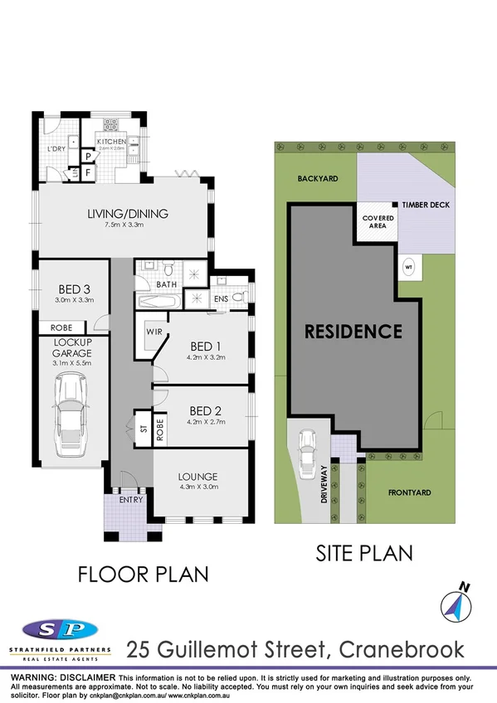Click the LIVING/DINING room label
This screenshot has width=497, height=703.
click(128, 213)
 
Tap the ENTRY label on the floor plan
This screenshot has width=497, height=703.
click(130, 500)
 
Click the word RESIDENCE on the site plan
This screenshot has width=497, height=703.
click(353, 332)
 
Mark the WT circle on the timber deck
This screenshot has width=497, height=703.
click(408, 267)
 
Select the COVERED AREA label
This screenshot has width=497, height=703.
click(378, 222)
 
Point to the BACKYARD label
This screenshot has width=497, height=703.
click(316, 178)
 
